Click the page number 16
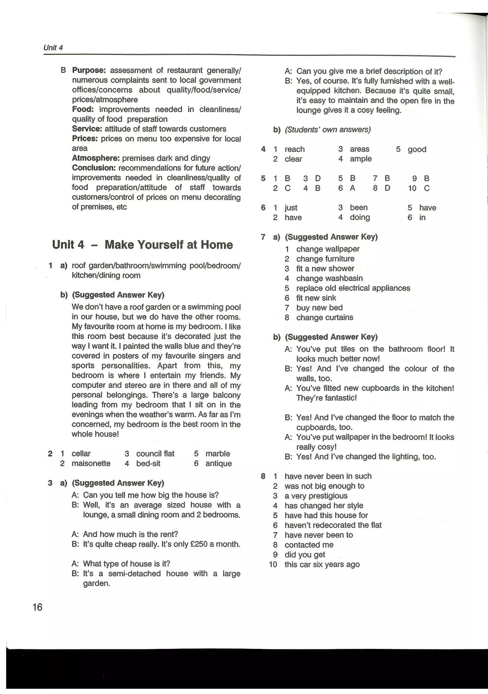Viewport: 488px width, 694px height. click(37, 607)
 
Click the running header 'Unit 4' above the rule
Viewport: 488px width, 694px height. click(53, 47)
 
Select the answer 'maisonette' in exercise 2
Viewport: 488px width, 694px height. click(91, 463)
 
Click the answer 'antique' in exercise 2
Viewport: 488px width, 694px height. click(218, 463)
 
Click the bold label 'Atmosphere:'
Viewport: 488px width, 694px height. click(96, 158)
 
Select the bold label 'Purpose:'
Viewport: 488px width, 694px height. click(89, 70)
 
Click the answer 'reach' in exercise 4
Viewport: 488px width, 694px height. click(295, 149)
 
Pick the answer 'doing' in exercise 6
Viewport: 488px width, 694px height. click(360, 217)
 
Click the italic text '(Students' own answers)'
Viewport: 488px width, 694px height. click(327, 130)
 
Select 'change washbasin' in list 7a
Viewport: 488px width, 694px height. click(329, 278)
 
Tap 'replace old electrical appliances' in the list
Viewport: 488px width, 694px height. click(353, 288)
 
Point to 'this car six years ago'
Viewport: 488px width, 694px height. click(322, 564)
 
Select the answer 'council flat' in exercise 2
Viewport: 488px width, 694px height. click(155, 454)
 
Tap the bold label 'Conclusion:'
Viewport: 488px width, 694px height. click(94, 168)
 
